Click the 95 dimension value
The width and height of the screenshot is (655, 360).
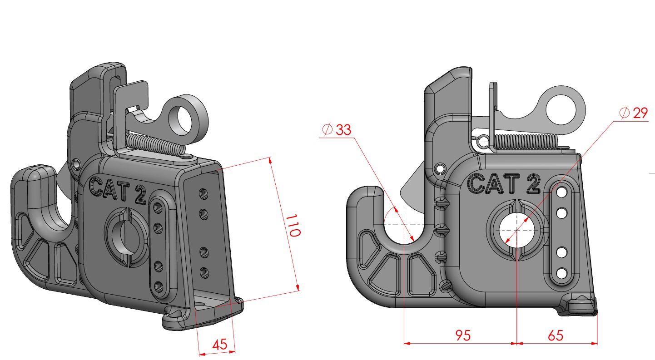coord(463,335)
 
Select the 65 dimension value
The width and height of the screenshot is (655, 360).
coord(555,335)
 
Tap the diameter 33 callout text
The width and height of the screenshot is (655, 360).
coord(336,129)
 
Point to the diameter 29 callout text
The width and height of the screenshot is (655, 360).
coord(633,113)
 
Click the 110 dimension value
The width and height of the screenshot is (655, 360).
coord(293,226)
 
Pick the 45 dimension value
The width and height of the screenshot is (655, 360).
coord(219,345)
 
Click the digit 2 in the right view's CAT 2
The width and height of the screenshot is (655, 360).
coord(533,184)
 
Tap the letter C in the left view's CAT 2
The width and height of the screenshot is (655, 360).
coord(96,187)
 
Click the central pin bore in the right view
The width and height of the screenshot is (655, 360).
coord(517,231)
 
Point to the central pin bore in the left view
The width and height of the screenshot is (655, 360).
coord(127,236)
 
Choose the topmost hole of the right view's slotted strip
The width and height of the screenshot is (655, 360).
coord(561,193)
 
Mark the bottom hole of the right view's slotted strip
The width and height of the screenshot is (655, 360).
coord(561,274)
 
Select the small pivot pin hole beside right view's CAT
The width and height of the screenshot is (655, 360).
coord(440,168)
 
